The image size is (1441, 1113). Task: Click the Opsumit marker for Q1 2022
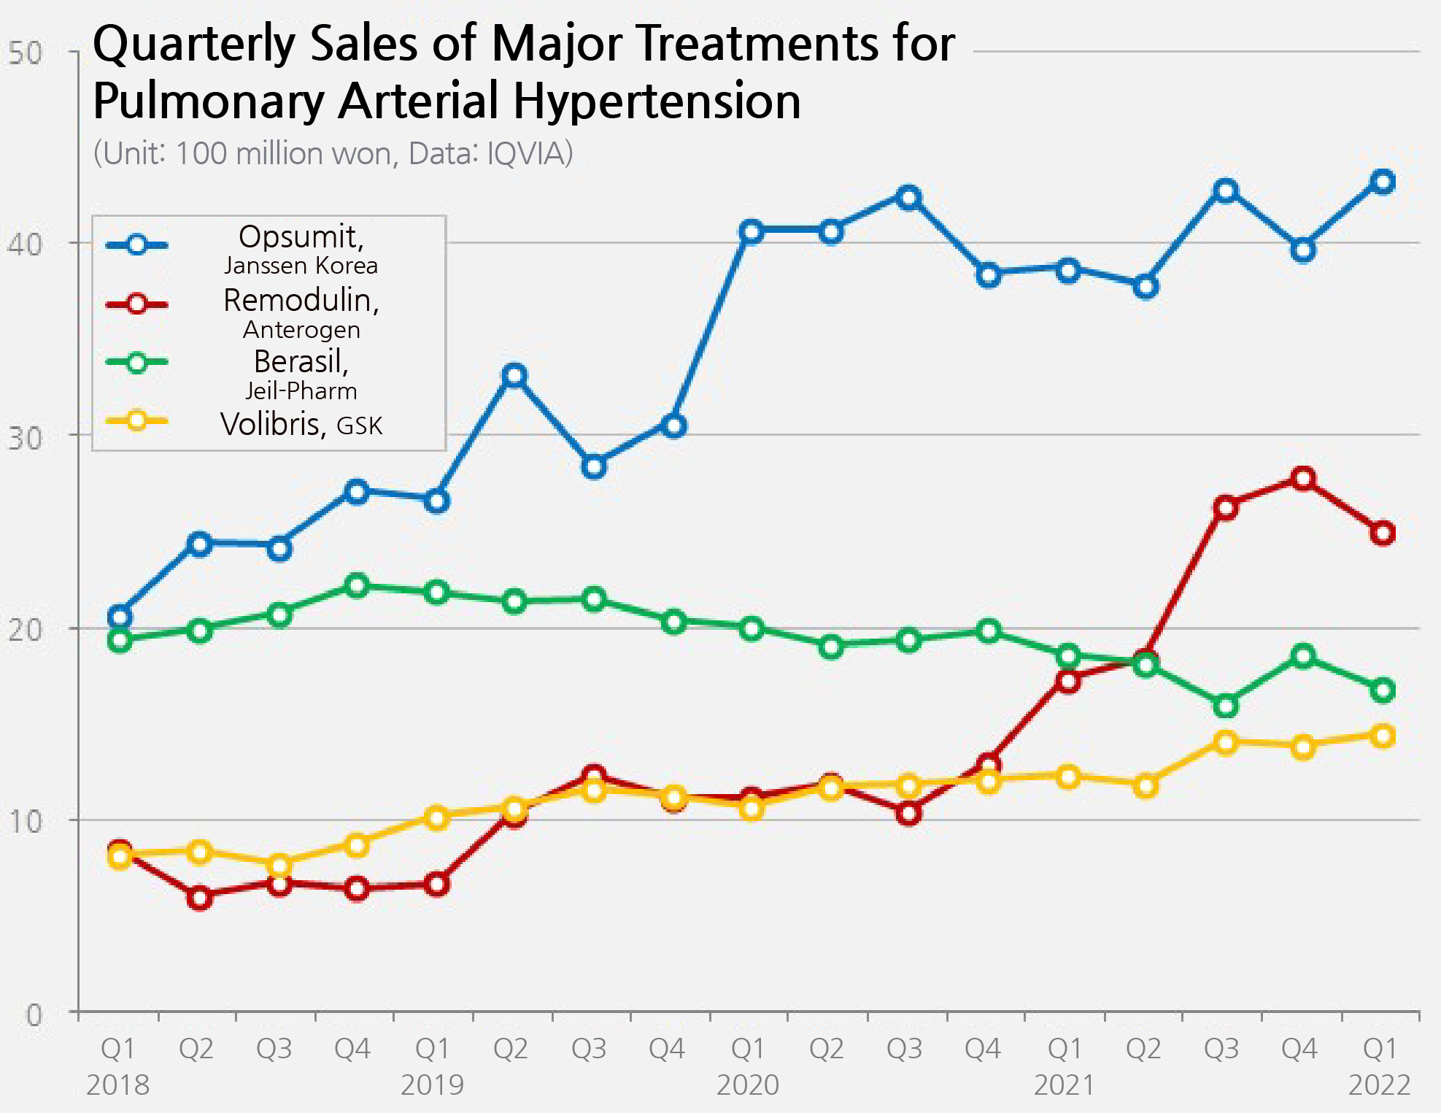click(1383, 182)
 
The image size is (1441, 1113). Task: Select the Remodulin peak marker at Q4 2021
click(1303, 480)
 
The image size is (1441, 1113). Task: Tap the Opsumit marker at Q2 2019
click(515, 376)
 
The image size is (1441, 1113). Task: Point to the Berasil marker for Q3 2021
click(1226, 706)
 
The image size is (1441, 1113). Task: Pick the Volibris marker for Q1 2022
click(1383, 736)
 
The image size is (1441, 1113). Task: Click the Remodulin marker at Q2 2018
click(199, 898)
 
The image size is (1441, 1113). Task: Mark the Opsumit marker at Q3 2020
click(908, 197)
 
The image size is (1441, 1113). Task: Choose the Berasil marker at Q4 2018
click(357, 585)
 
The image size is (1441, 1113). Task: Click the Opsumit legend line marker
click(137, 244)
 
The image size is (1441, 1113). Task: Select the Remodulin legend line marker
click(137, 304)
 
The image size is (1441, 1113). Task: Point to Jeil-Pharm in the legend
click(301, 391)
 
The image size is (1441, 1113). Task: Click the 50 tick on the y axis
click(25, 53)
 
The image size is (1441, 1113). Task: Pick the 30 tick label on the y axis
click(25, 438)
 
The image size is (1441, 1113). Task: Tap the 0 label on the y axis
click(34, 1014)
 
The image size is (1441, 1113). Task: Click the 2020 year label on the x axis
click(748, 1085)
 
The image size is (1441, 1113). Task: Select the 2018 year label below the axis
click(117, 1085)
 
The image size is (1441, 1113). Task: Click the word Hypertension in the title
click(657, 101)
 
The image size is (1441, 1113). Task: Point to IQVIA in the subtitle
click(530, 153)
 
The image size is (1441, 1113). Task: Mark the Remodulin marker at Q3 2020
click(908, 812)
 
